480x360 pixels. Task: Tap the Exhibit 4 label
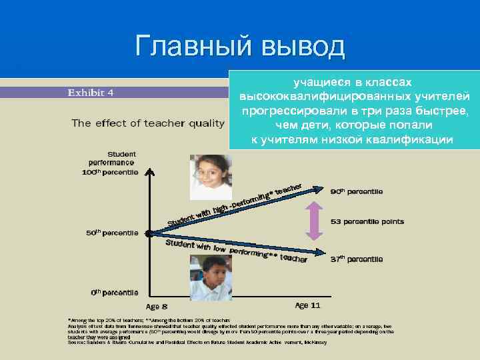(x=91, y=93)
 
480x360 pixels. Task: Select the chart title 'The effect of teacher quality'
(x=148, y=123)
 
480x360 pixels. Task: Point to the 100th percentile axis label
(x=111, y=171)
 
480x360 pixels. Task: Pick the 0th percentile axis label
(x=115, y=292)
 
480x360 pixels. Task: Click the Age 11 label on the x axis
(x=307, y=305)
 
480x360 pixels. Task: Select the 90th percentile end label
(x=357, y=191)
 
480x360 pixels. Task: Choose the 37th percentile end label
(x=357, y=259)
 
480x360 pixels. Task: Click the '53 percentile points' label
(x=367, y=221)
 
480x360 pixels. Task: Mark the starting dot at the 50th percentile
(x=149, y=234)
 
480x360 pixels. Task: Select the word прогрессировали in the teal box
(x=285, y=110)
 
